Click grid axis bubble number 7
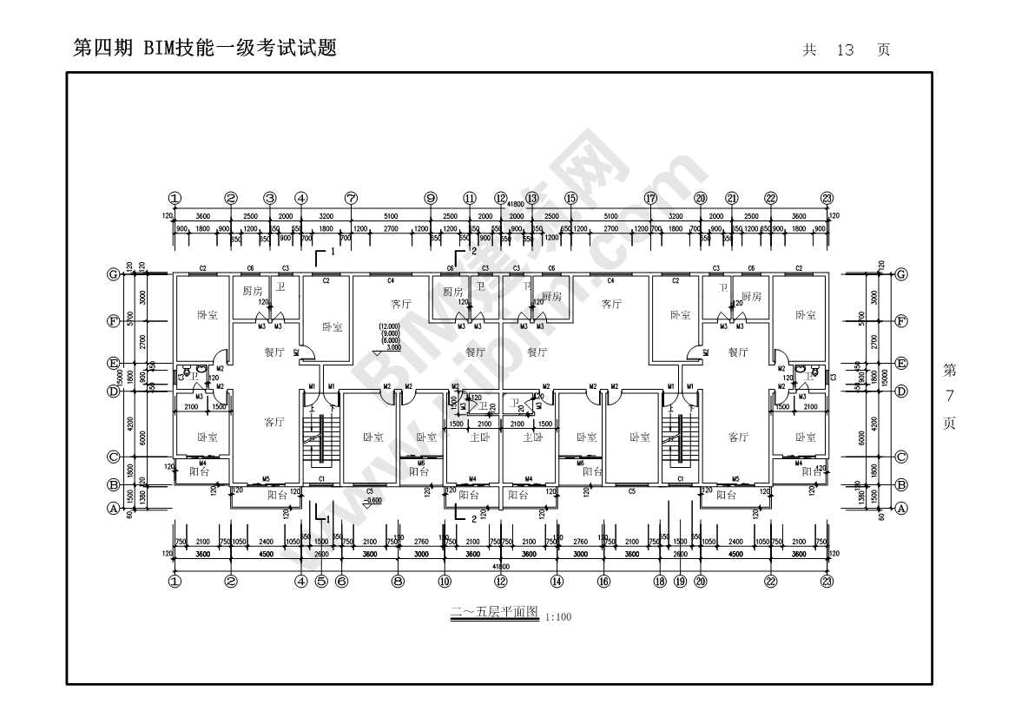pyautogui.click(x=351, y=198)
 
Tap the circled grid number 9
pyautogui.click(x=431, y=198)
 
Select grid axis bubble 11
pyautogui.click(x=470, y=198)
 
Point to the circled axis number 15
pyautogui.click(x=570, y=198)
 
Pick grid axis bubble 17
pyautogui.click(x=650, y=198)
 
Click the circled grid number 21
pyautogui.click(x=732, y=198)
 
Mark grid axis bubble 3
pyautogui.click(x=270, y=198)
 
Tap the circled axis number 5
pyautogui.click(x=321, y=582)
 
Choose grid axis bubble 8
pyautogui.click(x=398, y=582)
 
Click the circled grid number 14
pyautogui.click(x=557, y=582)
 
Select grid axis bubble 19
pyautogui.click(x=680, y=582)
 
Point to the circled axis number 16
pyautogui.click(x=603, y=582)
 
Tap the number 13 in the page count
pyautogui.click(x=845, y=50)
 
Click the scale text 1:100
pyautogui.click(x=558, y=617)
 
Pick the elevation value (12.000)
pyautogui.click(x=389, y=327)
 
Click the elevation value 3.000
pyautogui.click(x=392, y=347)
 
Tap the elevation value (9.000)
pyautogui.click(x=390, y=334)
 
